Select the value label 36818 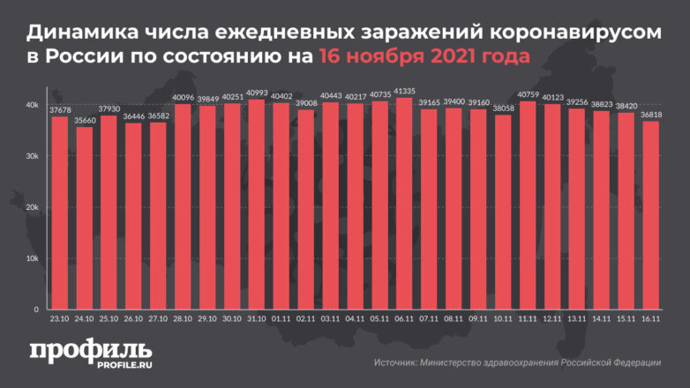click(650, 114)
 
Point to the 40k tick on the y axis click(32, 106)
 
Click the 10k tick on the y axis click(32, 258)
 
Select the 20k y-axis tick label click(32, 207)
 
